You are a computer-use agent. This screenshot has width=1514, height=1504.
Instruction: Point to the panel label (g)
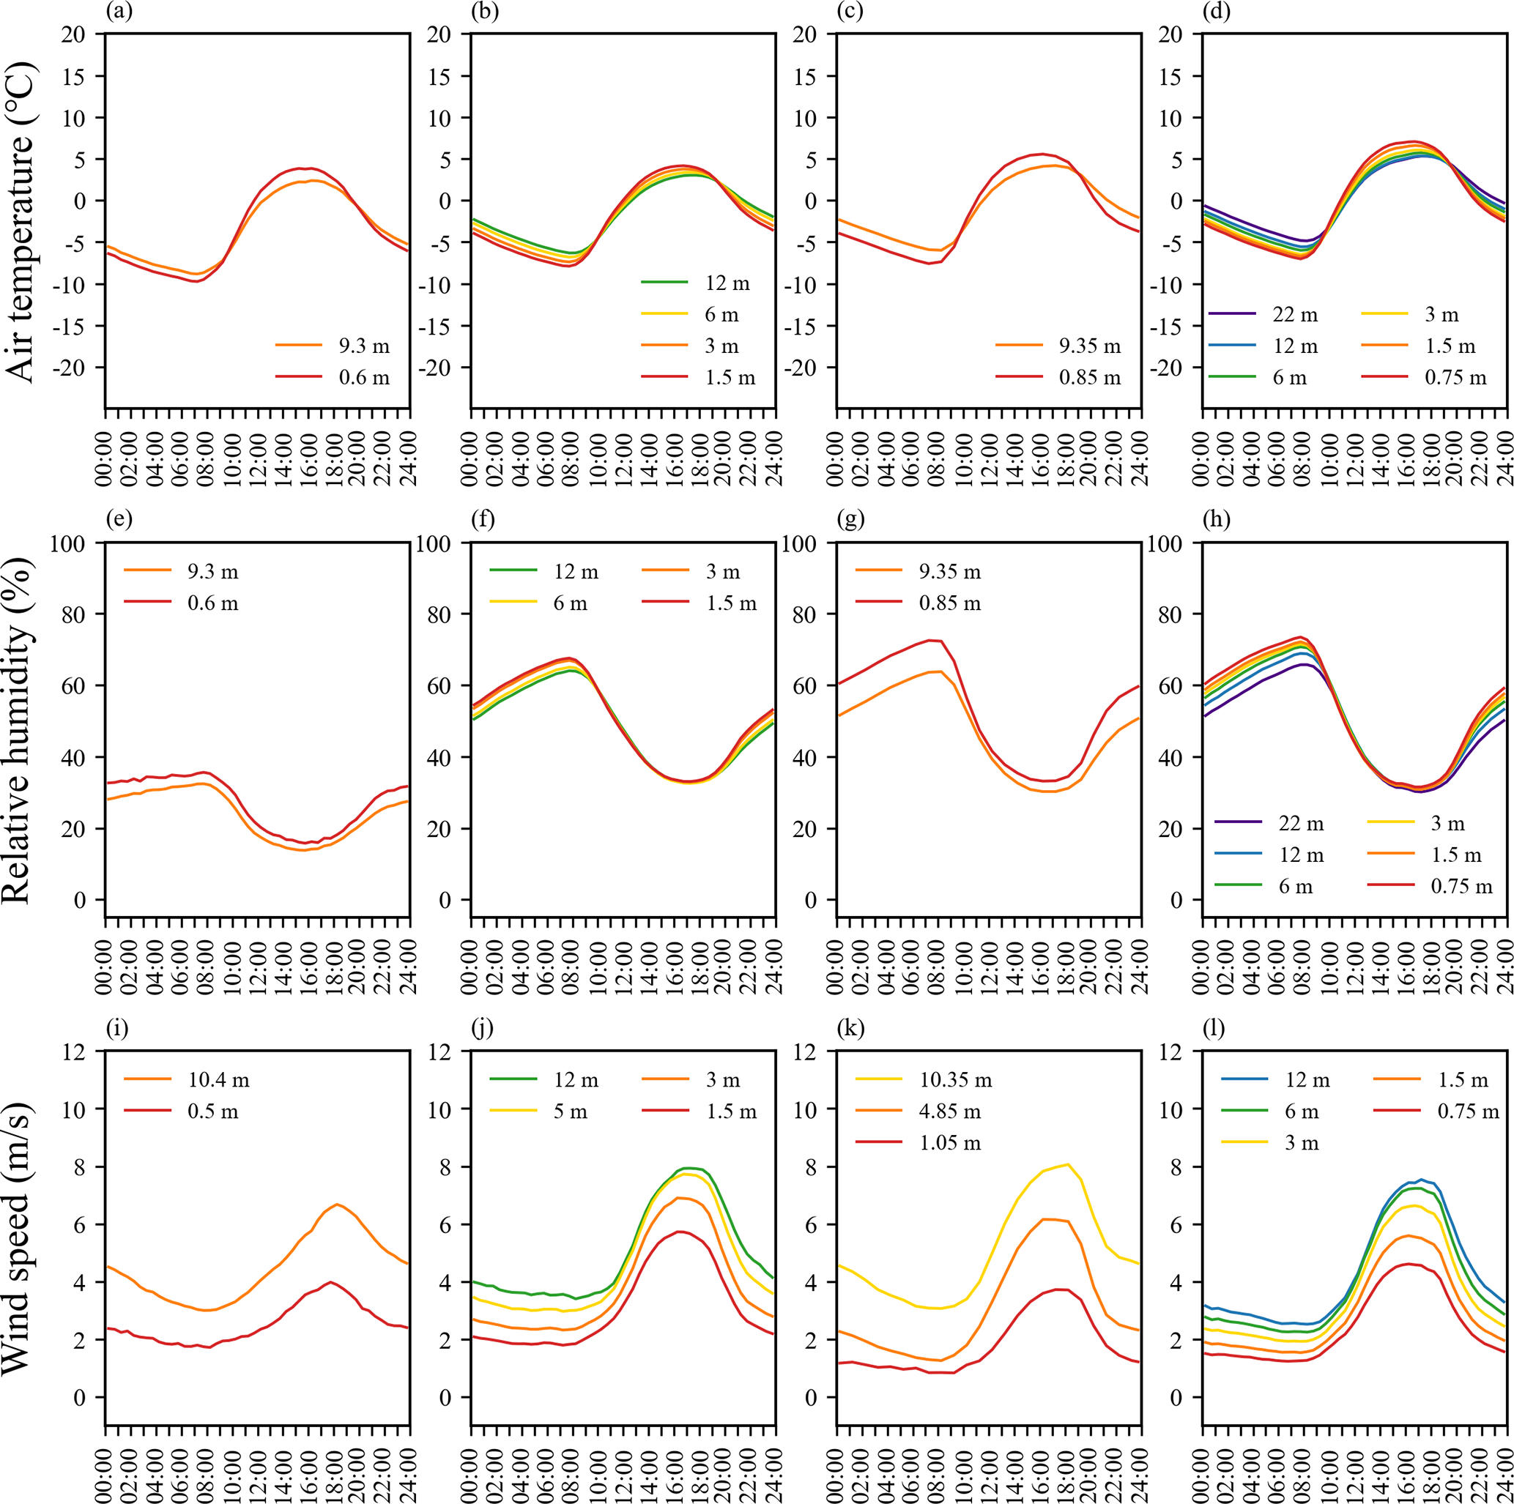point(850,519)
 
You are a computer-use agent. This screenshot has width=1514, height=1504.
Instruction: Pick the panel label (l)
point(1214,1028)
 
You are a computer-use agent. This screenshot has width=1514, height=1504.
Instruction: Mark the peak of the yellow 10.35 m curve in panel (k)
point(1067,1165)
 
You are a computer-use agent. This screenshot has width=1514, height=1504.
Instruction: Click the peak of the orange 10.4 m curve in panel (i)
point(337,1205)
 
